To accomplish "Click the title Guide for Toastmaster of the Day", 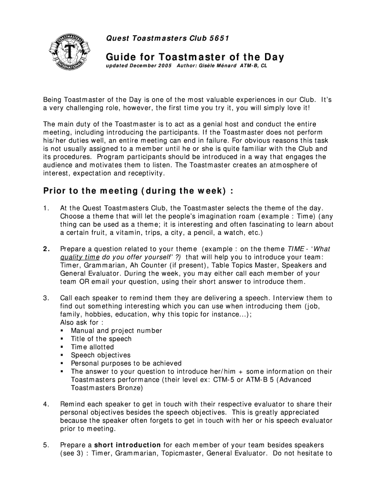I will pyautogui.click(x=194, y=58).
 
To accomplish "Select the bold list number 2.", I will pyautogui.click(x=46, y=249).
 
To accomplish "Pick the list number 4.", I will pyautogui.click(x=46, y=404).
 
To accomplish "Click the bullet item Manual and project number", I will pyautogui.click(x=116, y=331).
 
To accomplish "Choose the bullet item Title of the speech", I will pyautogui.click(x=101, y=339).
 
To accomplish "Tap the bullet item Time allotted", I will pyautogui.click(x=92, y=347).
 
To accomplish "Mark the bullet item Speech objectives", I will pyautogui.click(x=101, y=355).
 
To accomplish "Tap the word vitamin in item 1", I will pyautogui.click(x=129, y=233).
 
